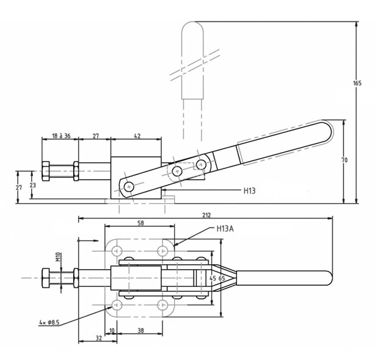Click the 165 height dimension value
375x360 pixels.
(357, 83)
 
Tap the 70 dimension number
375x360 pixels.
(344, 160)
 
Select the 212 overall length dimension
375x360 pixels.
(206, 215)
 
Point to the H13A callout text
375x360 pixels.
(225, 229)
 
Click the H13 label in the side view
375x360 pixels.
(249, 190)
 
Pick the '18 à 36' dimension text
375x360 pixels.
(61, 135)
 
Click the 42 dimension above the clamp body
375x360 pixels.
(137, 135)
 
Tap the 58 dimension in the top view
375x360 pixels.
(140, 223)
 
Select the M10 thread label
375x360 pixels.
(59, 256)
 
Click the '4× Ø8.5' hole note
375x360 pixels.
(49, 323)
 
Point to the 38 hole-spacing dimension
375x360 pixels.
(141, 330)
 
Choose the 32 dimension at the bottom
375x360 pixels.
(99, 338)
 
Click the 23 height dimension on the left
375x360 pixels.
(33, 185)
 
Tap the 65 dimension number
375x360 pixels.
(222, 278)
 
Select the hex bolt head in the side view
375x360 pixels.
(46, 171)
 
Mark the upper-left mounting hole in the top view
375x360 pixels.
(117, 251)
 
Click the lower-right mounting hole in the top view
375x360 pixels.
(163, 305)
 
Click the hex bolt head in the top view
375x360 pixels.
(46, 278)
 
